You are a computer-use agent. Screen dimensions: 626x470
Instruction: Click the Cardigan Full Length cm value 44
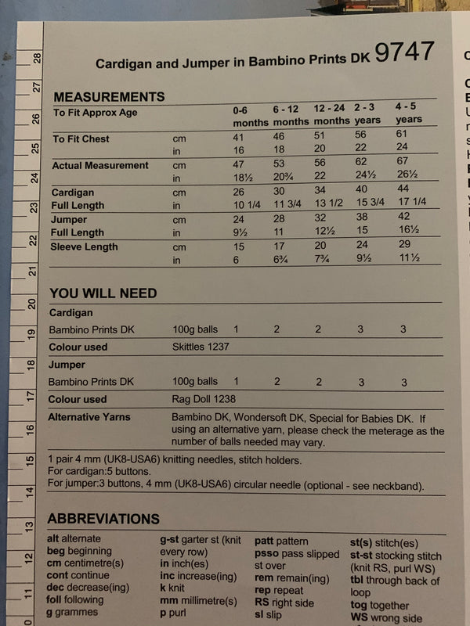coord(403,189)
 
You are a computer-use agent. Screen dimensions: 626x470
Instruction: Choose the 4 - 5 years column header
coord(407,112)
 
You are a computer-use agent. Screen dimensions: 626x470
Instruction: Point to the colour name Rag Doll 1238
coord(202,399)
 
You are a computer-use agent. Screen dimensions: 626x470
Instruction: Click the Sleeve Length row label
coord(85,246)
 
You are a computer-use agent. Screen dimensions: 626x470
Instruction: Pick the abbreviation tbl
coord(357,581)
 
